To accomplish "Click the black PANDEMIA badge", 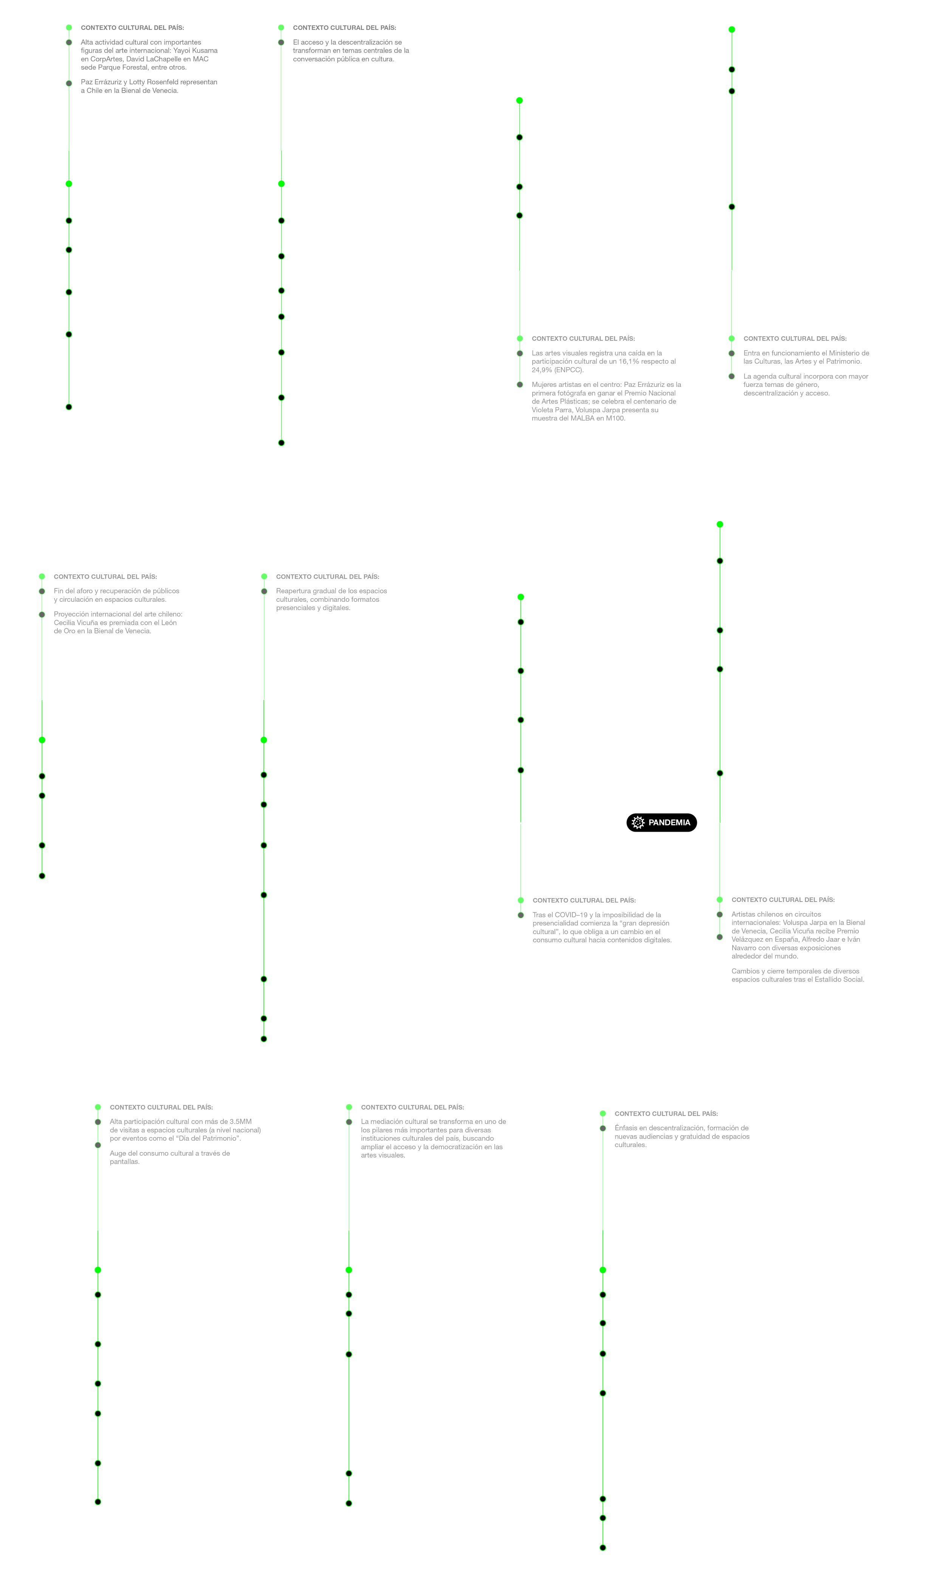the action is coord(661,823).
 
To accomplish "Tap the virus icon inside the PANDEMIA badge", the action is coord(638,823).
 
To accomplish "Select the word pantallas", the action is coord(124,1161).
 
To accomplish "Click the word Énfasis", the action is coord(627,1128).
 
